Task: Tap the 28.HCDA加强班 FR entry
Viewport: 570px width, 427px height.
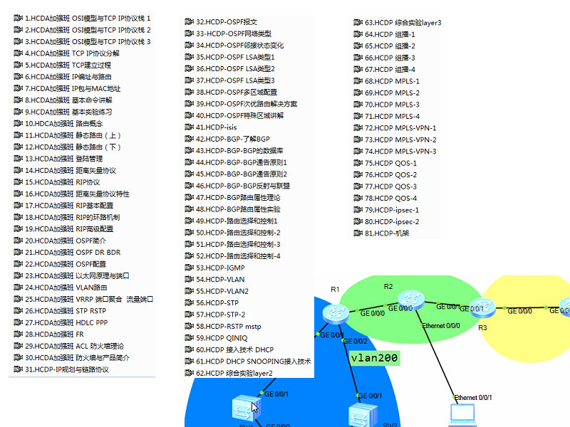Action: (58, 334)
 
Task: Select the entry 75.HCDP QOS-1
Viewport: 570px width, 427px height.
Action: (391, 163)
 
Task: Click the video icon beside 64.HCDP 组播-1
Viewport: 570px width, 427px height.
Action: (358, 34)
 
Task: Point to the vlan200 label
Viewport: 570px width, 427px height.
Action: (374, 358)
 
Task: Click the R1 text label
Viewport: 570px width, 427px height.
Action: (335, 289)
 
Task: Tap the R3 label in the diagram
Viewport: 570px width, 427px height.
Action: (482, 327)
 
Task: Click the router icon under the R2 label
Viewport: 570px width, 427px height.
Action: (411, 300)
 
